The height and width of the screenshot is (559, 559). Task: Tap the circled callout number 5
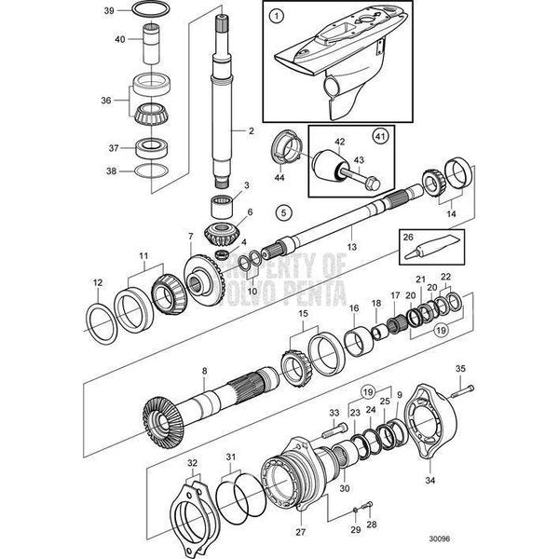(x=284, y=212)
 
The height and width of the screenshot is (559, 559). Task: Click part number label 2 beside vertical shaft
(x=251, y=132)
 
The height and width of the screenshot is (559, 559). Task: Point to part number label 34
(x=457, y=483)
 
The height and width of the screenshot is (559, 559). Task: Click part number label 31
(x=231, y=456)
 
